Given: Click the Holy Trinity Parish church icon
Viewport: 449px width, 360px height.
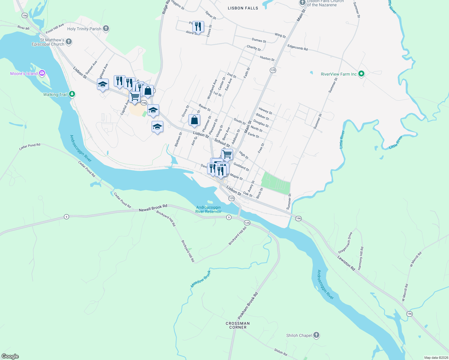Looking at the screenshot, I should click(106, 29).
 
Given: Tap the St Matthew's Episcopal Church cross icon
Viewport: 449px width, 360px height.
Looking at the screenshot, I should click(69, 42).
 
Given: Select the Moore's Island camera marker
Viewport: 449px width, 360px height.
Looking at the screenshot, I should click(42, 73).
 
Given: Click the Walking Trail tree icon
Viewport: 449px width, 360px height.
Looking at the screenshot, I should click(72, 94).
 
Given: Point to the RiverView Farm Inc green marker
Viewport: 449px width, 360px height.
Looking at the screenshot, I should click(361, 74).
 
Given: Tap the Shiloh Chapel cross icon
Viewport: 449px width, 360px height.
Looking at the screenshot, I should click(316, 335).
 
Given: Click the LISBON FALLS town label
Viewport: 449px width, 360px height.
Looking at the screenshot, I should click(243, 8).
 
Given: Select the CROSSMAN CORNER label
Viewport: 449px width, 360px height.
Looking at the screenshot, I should click(238, 325).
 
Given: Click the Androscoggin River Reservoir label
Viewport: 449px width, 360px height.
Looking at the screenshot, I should click(208, 209).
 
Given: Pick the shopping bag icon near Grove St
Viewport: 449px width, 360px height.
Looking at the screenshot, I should click(194, 120).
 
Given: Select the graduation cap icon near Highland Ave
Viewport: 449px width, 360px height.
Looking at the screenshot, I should click(103, 85).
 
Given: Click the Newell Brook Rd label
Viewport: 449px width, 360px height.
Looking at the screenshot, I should click(153, 208).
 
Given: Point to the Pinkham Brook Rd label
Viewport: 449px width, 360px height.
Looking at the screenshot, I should click(248, 306).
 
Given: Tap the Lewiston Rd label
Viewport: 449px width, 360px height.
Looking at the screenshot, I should click(346, 263).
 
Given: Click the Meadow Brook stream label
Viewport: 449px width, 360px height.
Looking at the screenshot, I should click(201, 279).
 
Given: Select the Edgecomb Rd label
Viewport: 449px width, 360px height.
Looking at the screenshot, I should click(297, 47).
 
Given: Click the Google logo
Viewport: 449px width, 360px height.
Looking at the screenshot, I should click(10, 356).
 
